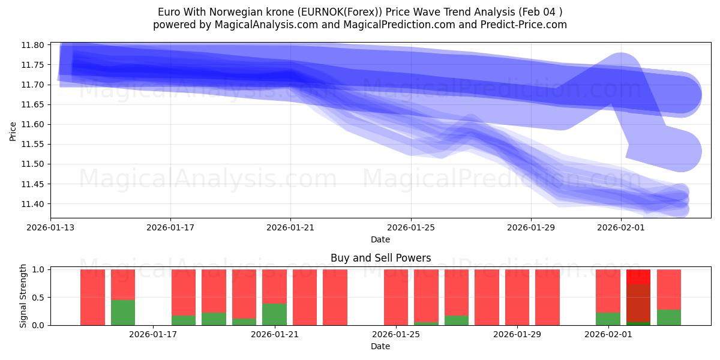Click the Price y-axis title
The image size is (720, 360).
pos(13,130)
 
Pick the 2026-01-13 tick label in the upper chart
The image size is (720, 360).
pos(50,228)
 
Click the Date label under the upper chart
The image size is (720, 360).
pos(380,239)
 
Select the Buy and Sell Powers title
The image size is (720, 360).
pos(380,258)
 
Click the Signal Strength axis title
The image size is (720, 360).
pos(23,296)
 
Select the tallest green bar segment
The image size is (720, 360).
pos(123,313)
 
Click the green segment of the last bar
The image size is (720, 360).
pos(669,317)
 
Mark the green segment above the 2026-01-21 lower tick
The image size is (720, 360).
pos(274,314)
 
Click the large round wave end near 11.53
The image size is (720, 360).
pos(680,151)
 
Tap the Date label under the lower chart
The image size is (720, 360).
pos(380,346)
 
